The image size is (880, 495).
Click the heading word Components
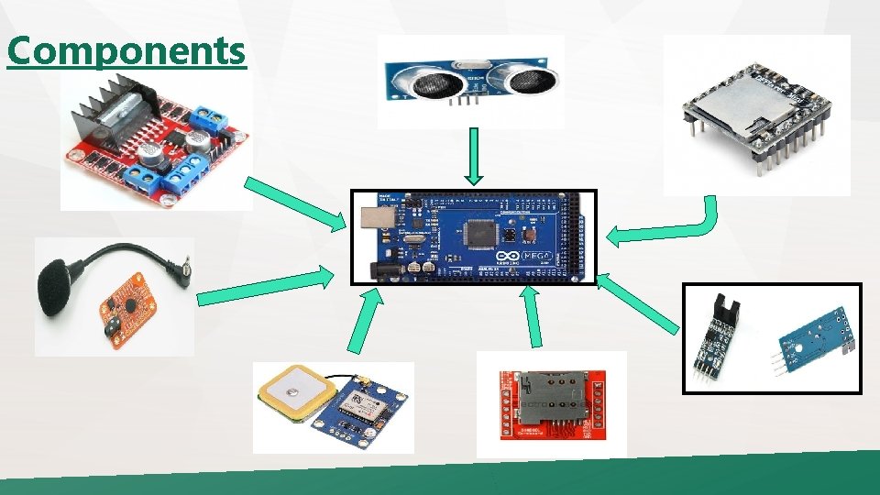pyautogui.click(x=126, y=50)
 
